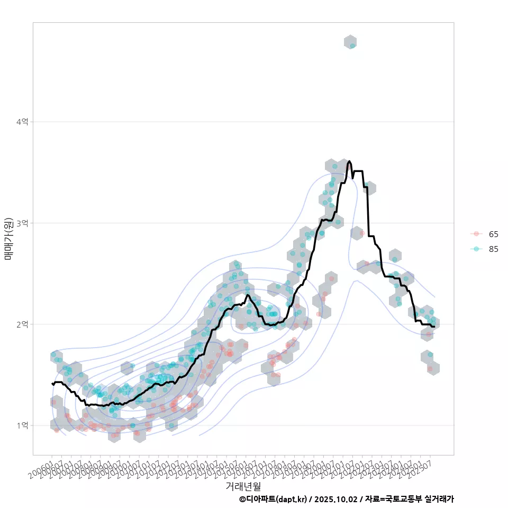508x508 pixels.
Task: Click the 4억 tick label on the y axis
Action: coord(22,122)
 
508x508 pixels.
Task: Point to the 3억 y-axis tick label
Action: coord(22,223)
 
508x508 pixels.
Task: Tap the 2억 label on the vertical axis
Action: coord(22,324)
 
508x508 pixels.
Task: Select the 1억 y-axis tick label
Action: coord(22,425)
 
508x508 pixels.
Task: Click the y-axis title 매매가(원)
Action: coord(8,239)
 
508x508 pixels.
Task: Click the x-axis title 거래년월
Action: coord(243,486)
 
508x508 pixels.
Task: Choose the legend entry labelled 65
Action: coord(493,234)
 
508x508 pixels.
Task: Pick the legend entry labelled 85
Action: coord(493,249)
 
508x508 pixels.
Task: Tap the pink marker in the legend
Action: coord(476,234)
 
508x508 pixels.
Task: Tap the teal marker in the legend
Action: coord(476,249)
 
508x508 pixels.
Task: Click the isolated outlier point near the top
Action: coord(352,46)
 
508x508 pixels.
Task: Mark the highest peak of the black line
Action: coord(349,161)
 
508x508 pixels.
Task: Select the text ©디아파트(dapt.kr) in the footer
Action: coord(273,499)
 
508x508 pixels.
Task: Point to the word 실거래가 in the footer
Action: coord(439,499)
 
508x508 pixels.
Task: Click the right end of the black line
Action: coord(434,326)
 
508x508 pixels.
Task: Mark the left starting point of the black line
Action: coord(52,383)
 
